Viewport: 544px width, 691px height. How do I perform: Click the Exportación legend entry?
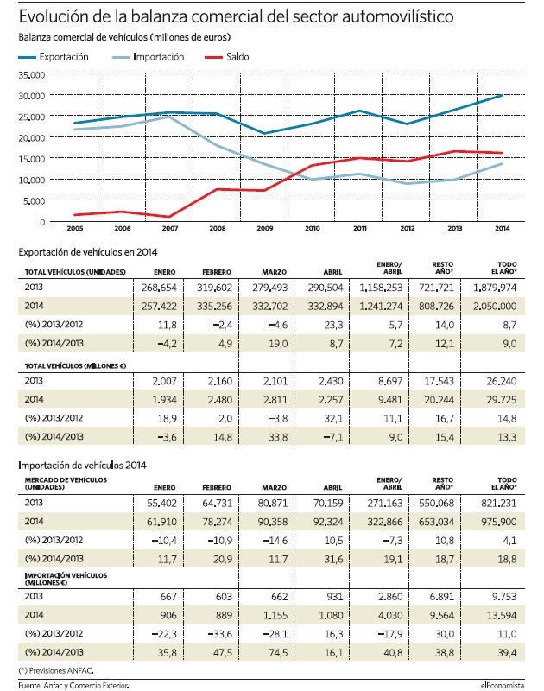54,57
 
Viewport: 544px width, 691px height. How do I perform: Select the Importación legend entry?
148,57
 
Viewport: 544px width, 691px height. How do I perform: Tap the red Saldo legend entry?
227,57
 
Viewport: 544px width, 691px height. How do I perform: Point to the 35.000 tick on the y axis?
32,75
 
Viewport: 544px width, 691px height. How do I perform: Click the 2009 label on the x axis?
265,228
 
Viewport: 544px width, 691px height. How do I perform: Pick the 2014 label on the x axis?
503,228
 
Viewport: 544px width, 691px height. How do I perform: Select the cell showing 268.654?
159,288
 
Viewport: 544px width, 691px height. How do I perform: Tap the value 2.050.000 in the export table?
495,307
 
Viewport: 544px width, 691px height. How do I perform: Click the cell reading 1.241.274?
381,307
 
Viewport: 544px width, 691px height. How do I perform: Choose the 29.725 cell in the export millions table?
502,400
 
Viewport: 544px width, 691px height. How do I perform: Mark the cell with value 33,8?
278,437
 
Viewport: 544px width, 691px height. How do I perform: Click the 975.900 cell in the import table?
498,522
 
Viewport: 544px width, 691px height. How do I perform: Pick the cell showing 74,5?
278,653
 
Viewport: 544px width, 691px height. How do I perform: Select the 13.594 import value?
502,615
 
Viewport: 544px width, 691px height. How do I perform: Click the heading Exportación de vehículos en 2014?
88,252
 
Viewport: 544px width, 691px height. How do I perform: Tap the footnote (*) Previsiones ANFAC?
56,671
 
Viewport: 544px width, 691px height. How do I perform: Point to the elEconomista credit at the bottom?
503,685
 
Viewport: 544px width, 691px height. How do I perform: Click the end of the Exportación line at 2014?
503,95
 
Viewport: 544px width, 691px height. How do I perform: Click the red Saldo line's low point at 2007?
169,217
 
